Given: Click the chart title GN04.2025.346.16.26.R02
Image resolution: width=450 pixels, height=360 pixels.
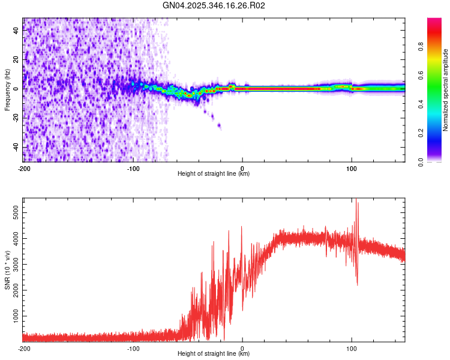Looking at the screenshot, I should click(214, 6).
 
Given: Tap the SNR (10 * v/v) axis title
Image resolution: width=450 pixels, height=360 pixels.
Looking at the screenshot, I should click(7, 270).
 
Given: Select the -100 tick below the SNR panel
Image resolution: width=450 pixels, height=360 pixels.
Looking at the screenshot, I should click(133, 349).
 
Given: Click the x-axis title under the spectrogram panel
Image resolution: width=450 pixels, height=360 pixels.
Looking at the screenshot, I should click(214, 174).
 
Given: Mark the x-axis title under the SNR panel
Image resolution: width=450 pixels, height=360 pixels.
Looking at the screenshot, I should click(214, 354).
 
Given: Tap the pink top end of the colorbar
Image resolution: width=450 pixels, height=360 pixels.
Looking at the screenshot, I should click(434, 22).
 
